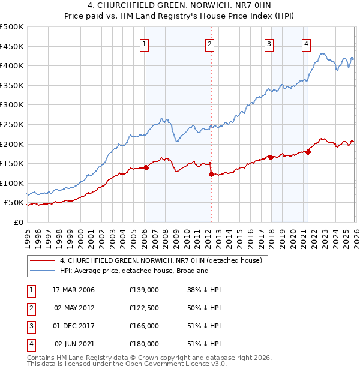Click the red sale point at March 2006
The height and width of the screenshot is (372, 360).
(146, 168)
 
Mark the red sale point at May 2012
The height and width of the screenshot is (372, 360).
(211, 175)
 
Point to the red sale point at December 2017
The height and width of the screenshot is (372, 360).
(271, 157)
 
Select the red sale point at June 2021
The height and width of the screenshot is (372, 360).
(308, 152)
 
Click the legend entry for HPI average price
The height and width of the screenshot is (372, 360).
(133, 271)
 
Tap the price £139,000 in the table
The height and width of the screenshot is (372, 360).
(143, 290)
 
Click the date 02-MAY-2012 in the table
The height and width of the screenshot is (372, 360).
(74, 308)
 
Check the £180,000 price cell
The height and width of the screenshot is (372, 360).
(143, 344)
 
